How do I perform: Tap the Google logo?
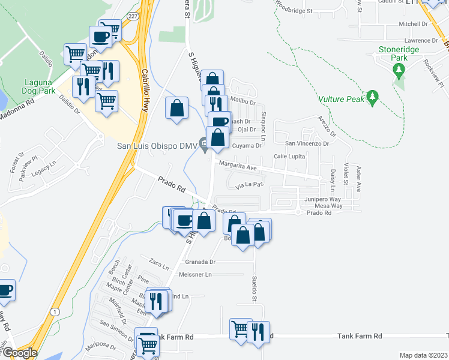(x=20, y=353)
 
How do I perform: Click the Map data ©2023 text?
(x=423, y=355)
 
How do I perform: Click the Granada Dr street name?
(x=200, y=262)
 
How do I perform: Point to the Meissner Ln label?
(x=196, y=274)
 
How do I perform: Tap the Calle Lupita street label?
(x=290, y=156)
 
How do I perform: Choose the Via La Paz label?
(x=250, y=185)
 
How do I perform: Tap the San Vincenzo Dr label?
(x=307, y=143)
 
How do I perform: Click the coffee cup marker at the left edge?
(x=5, y=290)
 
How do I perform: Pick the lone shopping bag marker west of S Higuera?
(x=177, y=109)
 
